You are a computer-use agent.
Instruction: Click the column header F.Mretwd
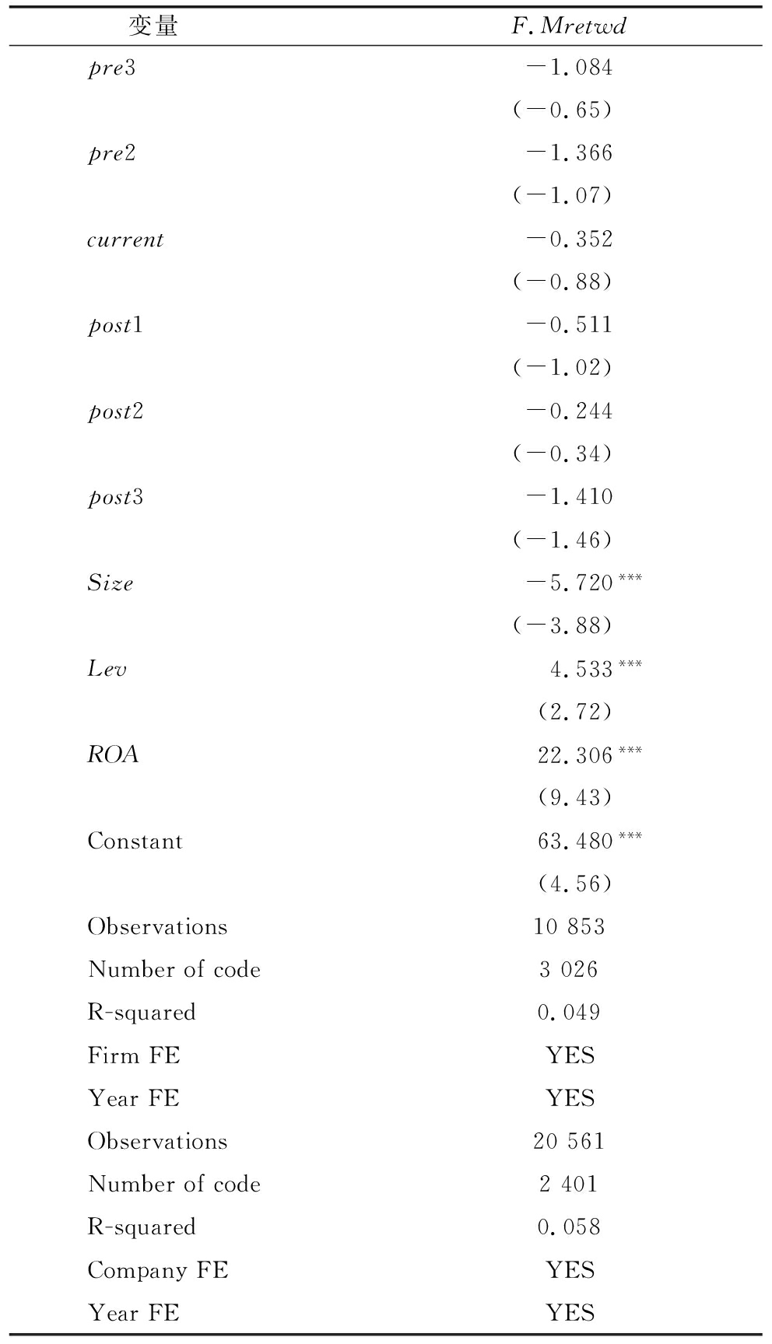(569, 26)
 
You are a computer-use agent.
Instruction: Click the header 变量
(153, 26)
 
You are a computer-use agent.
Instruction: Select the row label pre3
(111, 68)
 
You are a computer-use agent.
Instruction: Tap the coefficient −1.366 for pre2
(570, 153)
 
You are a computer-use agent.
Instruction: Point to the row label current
(125, 240)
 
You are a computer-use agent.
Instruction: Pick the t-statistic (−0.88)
(562, 282)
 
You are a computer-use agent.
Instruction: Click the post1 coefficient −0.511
(570, 325)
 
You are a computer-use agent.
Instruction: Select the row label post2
(115, 411)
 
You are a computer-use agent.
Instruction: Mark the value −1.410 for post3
(570, 497)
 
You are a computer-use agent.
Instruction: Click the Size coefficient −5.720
(570, 583)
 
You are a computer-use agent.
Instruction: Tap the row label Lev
(107, 669)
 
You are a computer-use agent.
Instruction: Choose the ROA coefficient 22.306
(575, 755)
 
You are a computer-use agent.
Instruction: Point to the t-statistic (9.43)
(574, 797)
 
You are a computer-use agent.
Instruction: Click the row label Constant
(135, 841)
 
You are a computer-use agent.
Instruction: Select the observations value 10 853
(569, 926)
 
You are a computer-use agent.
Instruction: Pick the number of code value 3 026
(569, 969)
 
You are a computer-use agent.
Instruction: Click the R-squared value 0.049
(569, 1012)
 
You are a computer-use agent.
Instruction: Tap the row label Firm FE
(133, 1055)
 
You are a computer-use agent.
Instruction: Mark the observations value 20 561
(569, 1141)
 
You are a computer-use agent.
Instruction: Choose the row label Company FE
(157, 1270)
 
